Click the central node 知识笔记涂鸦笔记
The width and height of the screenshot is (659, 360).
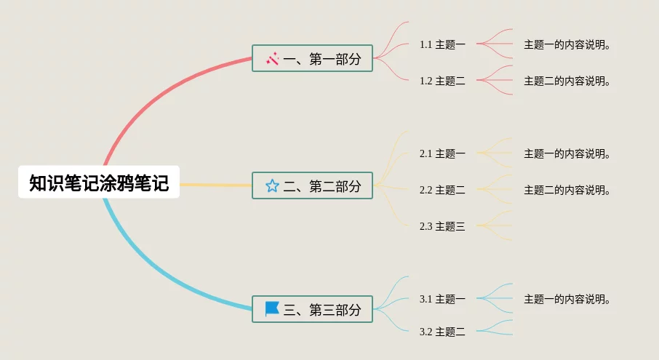[99, 183]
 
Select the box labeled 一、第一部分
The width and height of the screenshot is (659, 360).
[313, 58]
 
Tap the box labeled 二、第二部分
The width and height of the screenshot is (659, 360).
[313, 186]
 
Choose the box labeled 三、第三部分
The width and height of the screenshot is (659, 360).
[313, 309]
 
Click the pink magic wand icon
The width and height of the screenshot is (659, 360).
[273, 58]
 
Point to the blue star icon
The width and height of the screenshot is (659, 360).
[272, 186]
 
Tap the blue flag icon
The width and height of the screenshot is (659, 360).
[272, 309]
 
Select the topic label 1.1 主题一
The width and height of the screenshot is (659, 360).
[442, 44]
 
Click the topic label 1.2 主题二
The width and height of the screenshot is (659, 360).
[442, 81]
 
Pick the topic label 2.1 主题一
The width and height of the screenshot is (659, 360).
[442, 153]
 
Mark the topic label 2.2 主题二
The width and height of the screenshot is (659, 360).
[442, 190]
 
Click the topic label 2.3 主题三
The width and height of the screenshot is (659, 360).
[442, 226]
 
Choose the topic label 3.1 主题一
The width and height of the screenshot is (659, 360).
[442, 299]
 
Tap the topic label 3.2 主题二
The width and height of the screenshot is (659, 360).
[442, 332]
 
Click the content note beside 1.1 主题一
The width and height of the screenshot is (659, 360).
[567, 44]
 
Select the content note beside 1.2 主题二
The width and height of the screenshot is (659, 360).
[567, 81]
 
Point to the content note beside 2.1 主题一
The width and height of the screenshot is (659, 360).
[567, 153]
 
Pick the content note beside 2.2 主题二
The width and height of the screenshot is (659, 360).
[567, 190]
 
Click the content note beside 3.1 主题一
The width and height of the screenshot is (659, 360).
[567, 299]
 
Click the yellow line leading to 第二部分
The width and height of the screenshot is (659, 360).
[215, 185]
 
